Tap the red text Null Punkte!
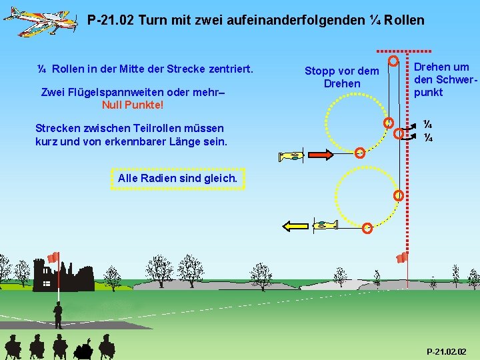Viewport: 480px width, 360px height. tap(133, 105)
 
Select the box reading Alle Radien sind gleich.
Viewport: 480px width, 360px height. tap(177, 178)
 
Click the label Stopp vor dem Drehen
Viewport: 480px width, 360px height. tap(341, 77)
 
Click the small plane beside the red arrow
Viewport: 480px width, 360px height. tap(291, 157)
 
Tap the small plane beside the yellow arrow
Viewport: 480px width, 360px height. tap(326, 225)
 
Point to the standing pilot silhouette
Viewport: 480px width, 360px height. tap(58, 315)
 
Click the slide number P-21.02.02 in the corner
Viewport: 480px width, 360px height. tap(447, 351)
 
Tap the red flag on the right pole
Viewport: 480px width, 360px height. tap(401, 257)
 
